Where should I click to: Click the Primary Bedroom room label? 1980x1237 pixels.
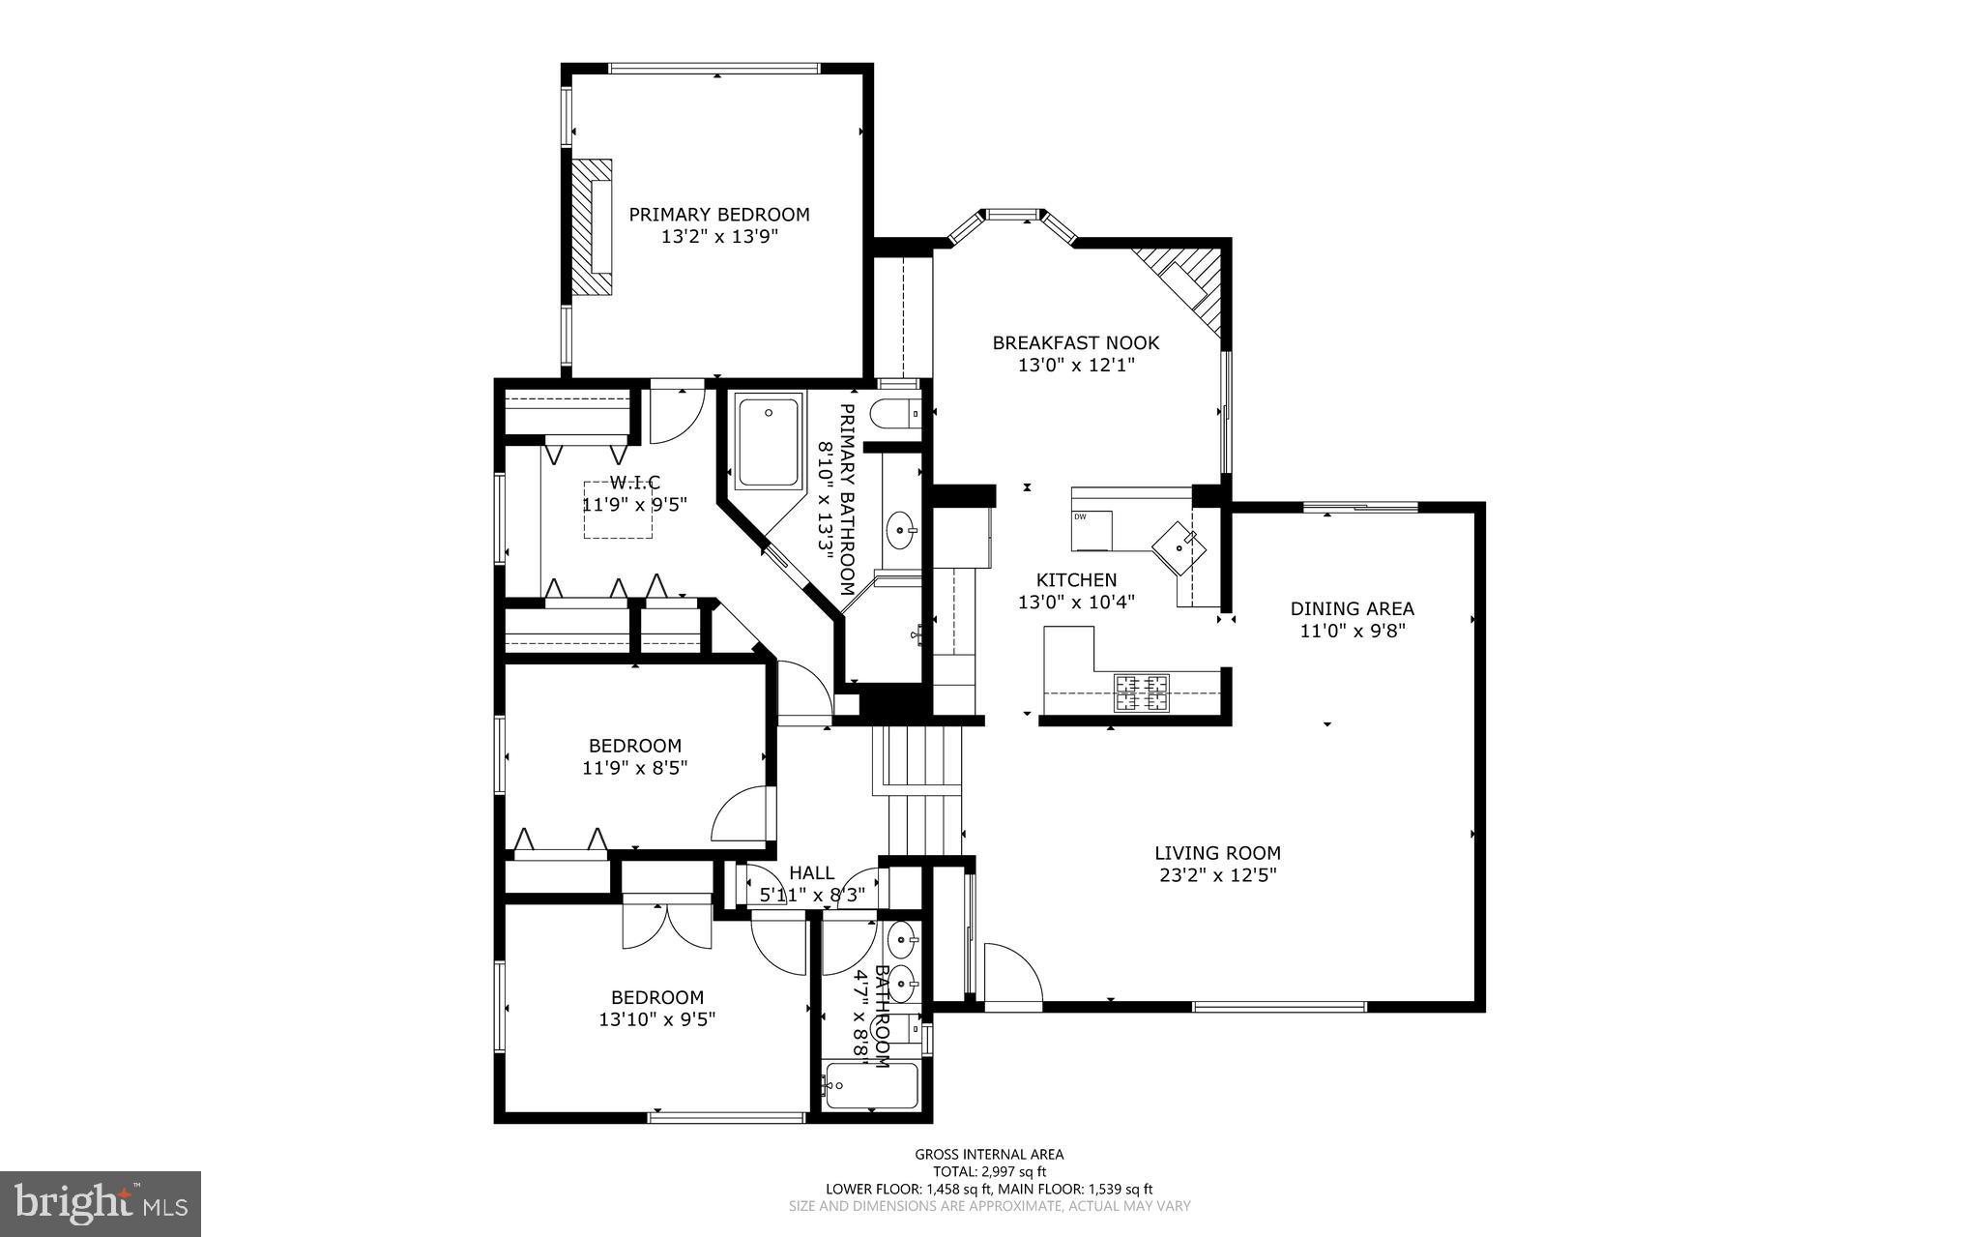click(x=719, y=215)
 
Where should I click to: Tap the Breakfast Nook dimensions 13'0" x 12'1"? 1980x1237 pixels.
click(x=1075, y=366)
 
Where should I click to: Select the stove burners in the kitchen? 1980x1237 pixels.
click(x=1142, y=692)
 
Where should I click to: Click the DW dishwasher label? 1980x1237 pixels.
click(x=1080, y=516)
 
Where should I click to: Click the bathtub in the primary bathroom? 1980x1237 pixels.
click(x=769, y=440)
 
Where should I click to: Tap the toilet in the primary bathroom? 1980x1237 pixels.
click(x=891, y=415)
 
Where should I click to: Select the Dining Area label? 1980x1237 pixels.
click(x=1352, y=608)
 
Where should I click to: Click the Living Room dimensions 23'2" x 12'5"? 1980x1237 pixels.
click(x=1217, y=875)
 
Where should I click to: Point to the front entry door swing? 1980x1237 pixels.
click(x=1010, y=975)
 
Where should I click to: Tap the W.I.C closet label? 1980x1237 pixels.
click(x=634, y=482)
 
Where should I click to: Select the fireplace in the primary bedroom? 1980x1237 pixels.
click(x=590, y=227)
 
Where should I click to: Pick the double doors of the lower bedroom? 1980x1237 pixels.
click(x=667, y=927)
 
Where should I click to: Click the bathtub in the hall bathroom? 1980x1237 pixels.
click(x=870, y=1087)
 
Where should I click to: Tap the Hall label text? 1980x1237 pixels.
click(x=811, y=873)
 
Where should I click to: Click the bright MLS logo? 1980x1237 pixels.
click(x=101, y=1202)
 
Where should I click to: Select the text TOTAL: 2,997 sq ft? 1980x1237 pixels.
click(x=988, y=1171)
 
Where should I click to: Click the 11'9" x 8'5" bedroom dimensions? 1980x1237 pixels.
click(x=634, y=768)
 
